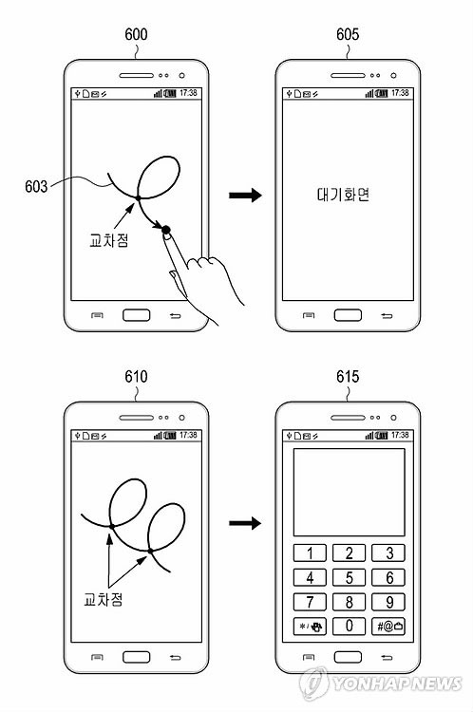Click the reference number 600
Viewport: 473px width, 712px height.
coord(136,34)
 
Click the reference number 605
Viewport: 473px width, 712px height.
coord(348,34)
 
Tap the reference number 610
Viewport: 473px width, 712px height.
coord(136,377)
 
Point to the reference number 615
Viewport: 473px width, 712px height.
coord(348,377)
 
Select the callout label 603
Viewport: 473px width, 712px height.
coord(36,186)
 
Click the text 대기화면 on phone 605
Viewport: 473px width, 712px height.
coord(343,195)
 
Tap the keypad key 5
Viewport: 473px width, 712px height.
coord(349,577)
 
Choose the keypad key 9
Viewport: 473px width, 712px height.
coord(388,602)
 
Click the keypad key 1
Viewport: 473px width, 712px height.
coord(310,553)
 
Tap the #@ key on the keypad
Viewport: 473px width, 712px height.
coord(388,627)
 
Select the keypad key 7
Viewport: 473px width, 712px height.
coord(310,602)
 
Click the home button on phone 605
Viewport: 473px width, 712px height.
coord(348,315)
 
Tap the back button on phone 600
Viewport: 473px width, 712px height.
coord(175,315)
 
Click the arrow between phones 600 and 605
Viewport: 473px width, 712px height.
coord(245,196)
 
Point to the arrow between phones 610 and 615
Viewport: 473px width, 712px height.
coord(245,523)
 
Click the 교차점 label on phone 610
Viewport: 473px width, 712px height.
coord(104,599)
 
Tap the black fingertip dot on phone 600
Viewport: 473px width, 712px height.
coord(166,231)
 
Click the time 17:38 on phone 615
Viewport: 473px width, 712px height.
coord(400,435)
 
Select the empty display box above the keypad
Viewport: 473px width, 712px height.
coord(349,492)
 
